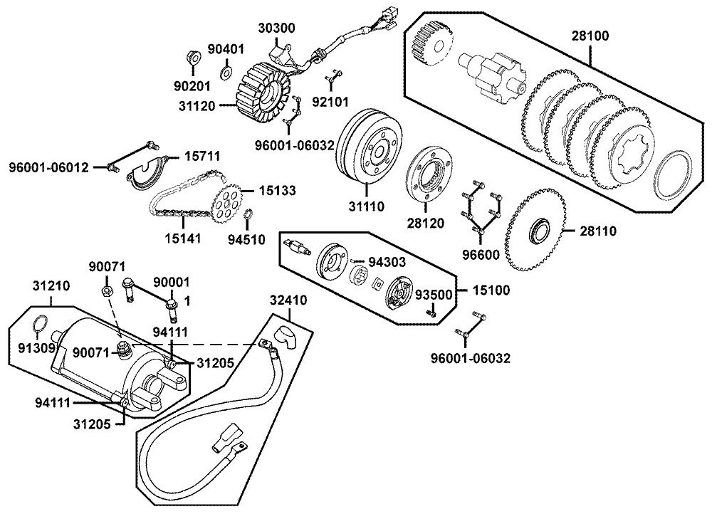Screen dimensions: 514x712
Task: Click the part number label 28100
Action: click(589, 35)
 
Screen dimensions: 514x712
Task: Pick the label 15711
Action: click(203, 156)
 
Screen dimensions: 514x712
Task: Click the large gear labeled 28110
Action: click(535, 231)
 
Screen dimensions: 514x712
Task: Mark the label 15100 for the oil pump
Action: click(491, 290)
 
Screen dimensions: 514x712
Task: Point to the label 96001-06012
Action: click(49, 168)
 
